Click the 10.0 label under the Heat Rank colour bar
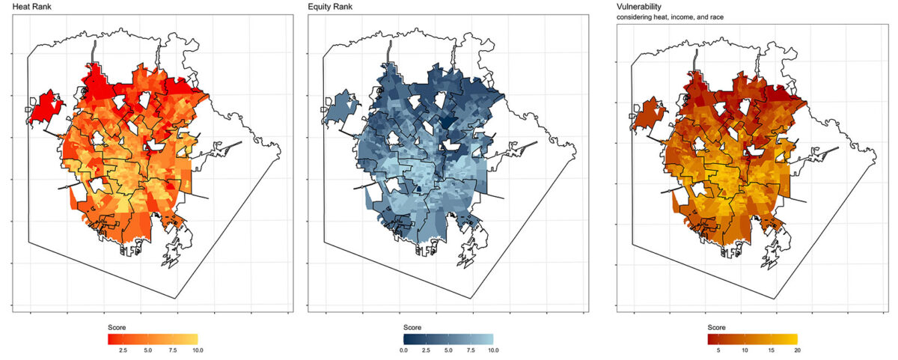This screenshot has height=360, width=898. click(x=197, y=350)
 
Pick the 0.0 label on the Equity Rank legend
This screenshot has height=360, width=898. click(x=403, y=350)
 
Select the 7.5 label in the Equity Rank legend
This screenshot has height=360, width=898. click(x=471, y=350)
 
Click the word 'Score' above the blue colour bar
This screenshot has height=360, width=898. click(x=412, y=328)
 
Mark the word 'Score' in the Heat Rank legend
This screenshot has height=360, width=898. click(x=116, y=328)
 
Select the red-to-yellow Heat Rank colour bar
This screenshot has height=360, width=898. click(x=152, y=338)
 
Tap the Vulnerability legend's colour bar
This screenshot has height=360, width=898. click(x=752, y=338)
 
